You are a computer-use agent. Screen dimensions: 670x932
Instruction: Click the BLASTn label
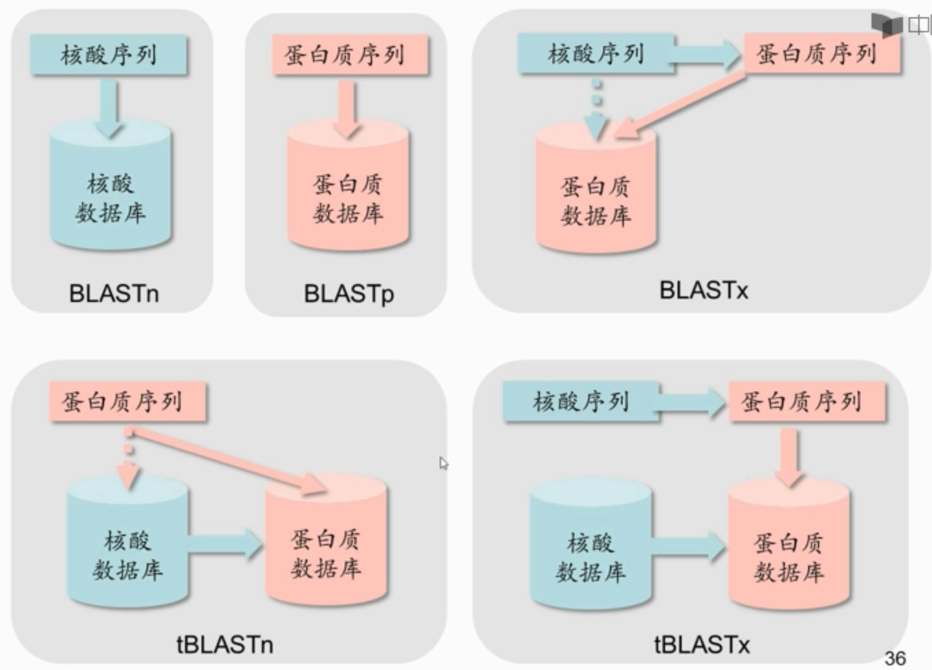(114, 294)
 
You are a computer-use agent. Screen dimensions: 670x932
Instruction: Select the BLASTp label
(349, 294)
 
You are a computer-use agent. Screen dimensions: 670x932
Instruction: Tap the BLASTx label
(703, 290)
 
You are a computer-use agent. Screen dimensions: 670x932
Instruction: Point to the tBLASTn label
(225, 645)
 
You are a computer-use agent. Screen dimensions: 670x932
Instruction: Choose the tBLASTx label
(702, 645)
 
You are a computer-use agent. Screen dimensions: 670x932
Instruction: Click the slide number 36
(895, 658)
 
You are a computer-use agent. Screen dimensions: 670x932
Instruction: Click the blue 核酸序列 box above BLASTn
(109, 54)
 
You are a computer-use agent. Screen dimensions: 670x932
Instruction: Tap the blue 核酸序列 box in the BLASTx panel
(596, 53)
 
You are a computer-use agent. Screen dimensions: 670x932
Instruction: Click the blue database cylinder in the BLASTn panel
(110, 189)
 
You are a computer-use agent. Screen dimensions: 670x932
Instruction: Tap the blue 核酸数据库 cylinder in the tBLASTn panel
(127, 547)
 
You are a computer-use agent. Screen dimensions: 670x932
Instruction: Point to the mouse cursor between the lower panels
(443, 463)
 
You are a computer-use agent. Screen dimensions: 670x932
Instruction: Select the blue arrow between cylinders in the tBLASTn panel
(226, 543)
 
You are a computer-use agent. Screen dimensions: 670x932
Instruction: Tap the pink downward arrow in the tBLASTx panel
(789, 456)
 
